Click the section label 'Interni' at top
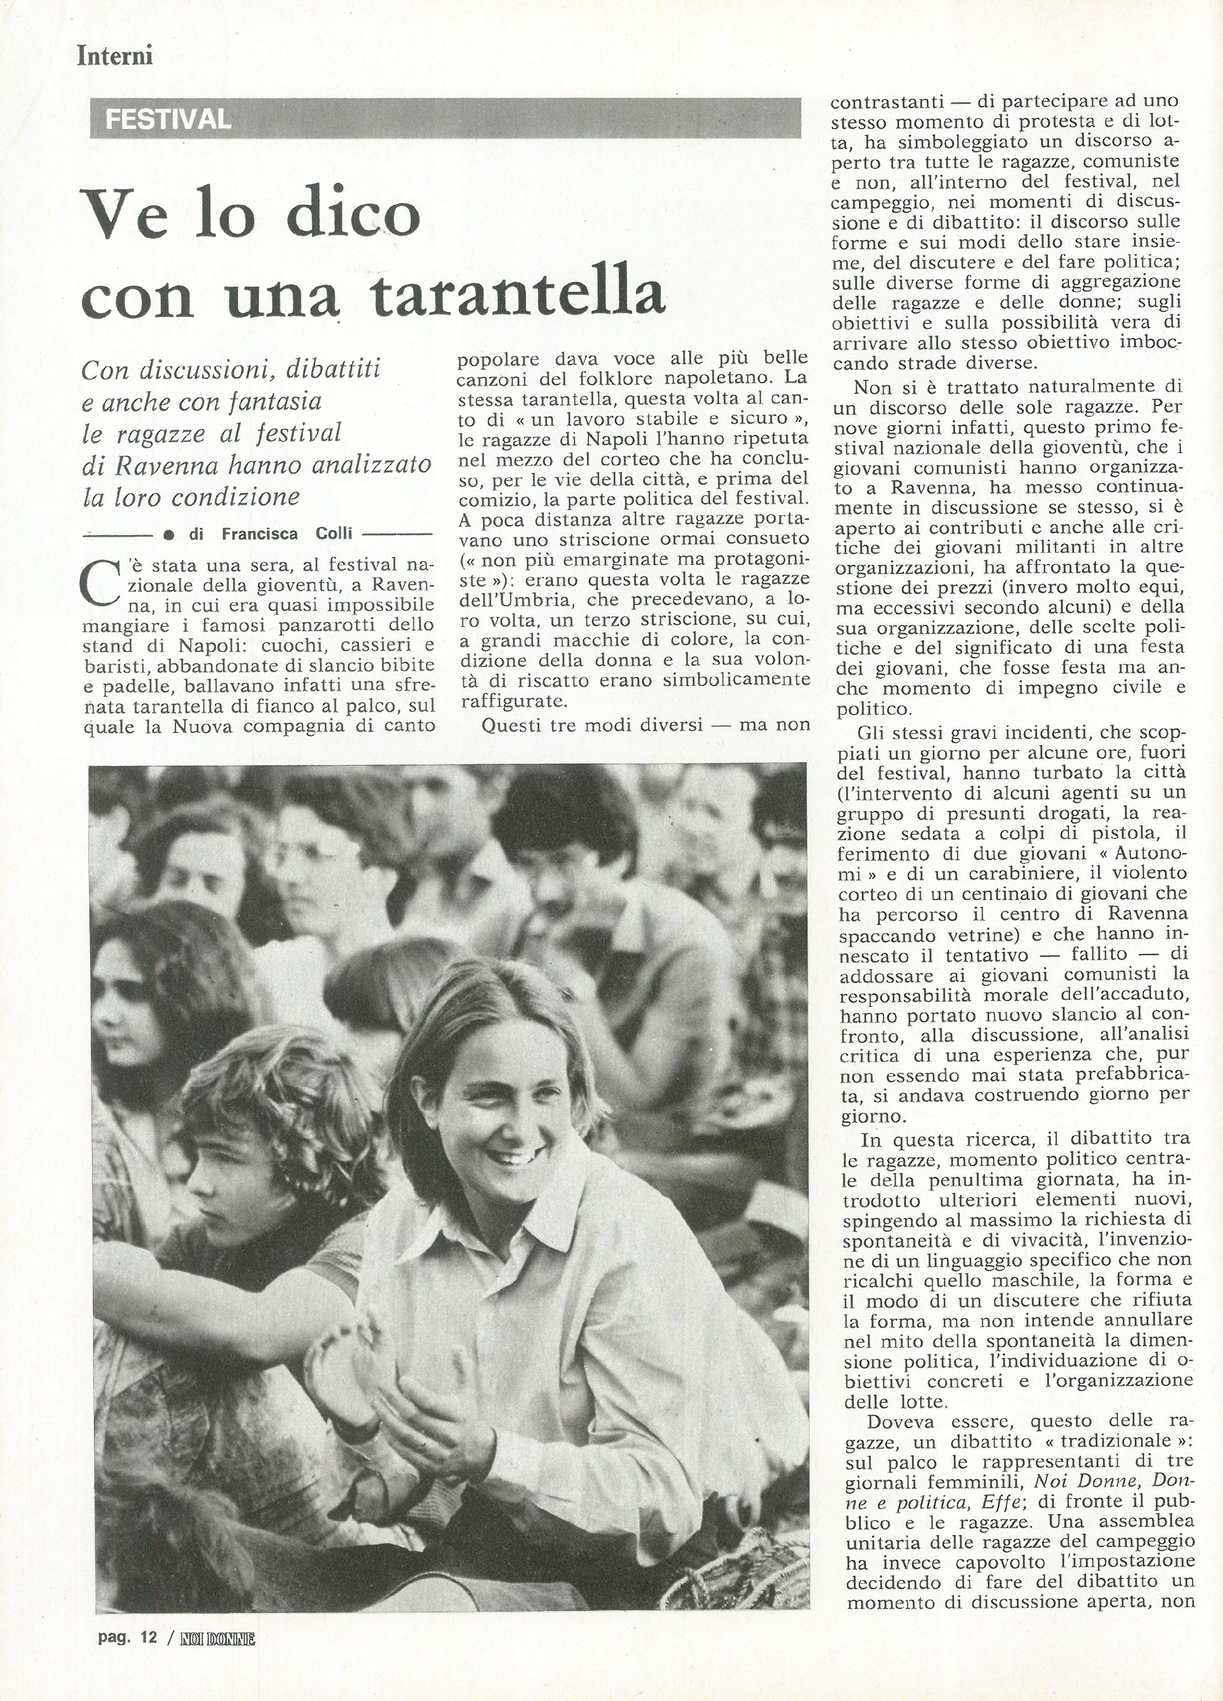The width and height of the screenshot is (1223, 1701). click(115, 56)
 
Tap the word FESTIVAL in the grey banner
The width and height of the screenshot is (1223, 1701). click(168, 119)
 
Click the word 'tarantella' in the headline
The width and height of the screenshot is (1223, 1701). click(518, 293)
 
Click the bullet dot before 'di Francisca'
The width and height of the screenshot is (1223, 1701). click(169, 535)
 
